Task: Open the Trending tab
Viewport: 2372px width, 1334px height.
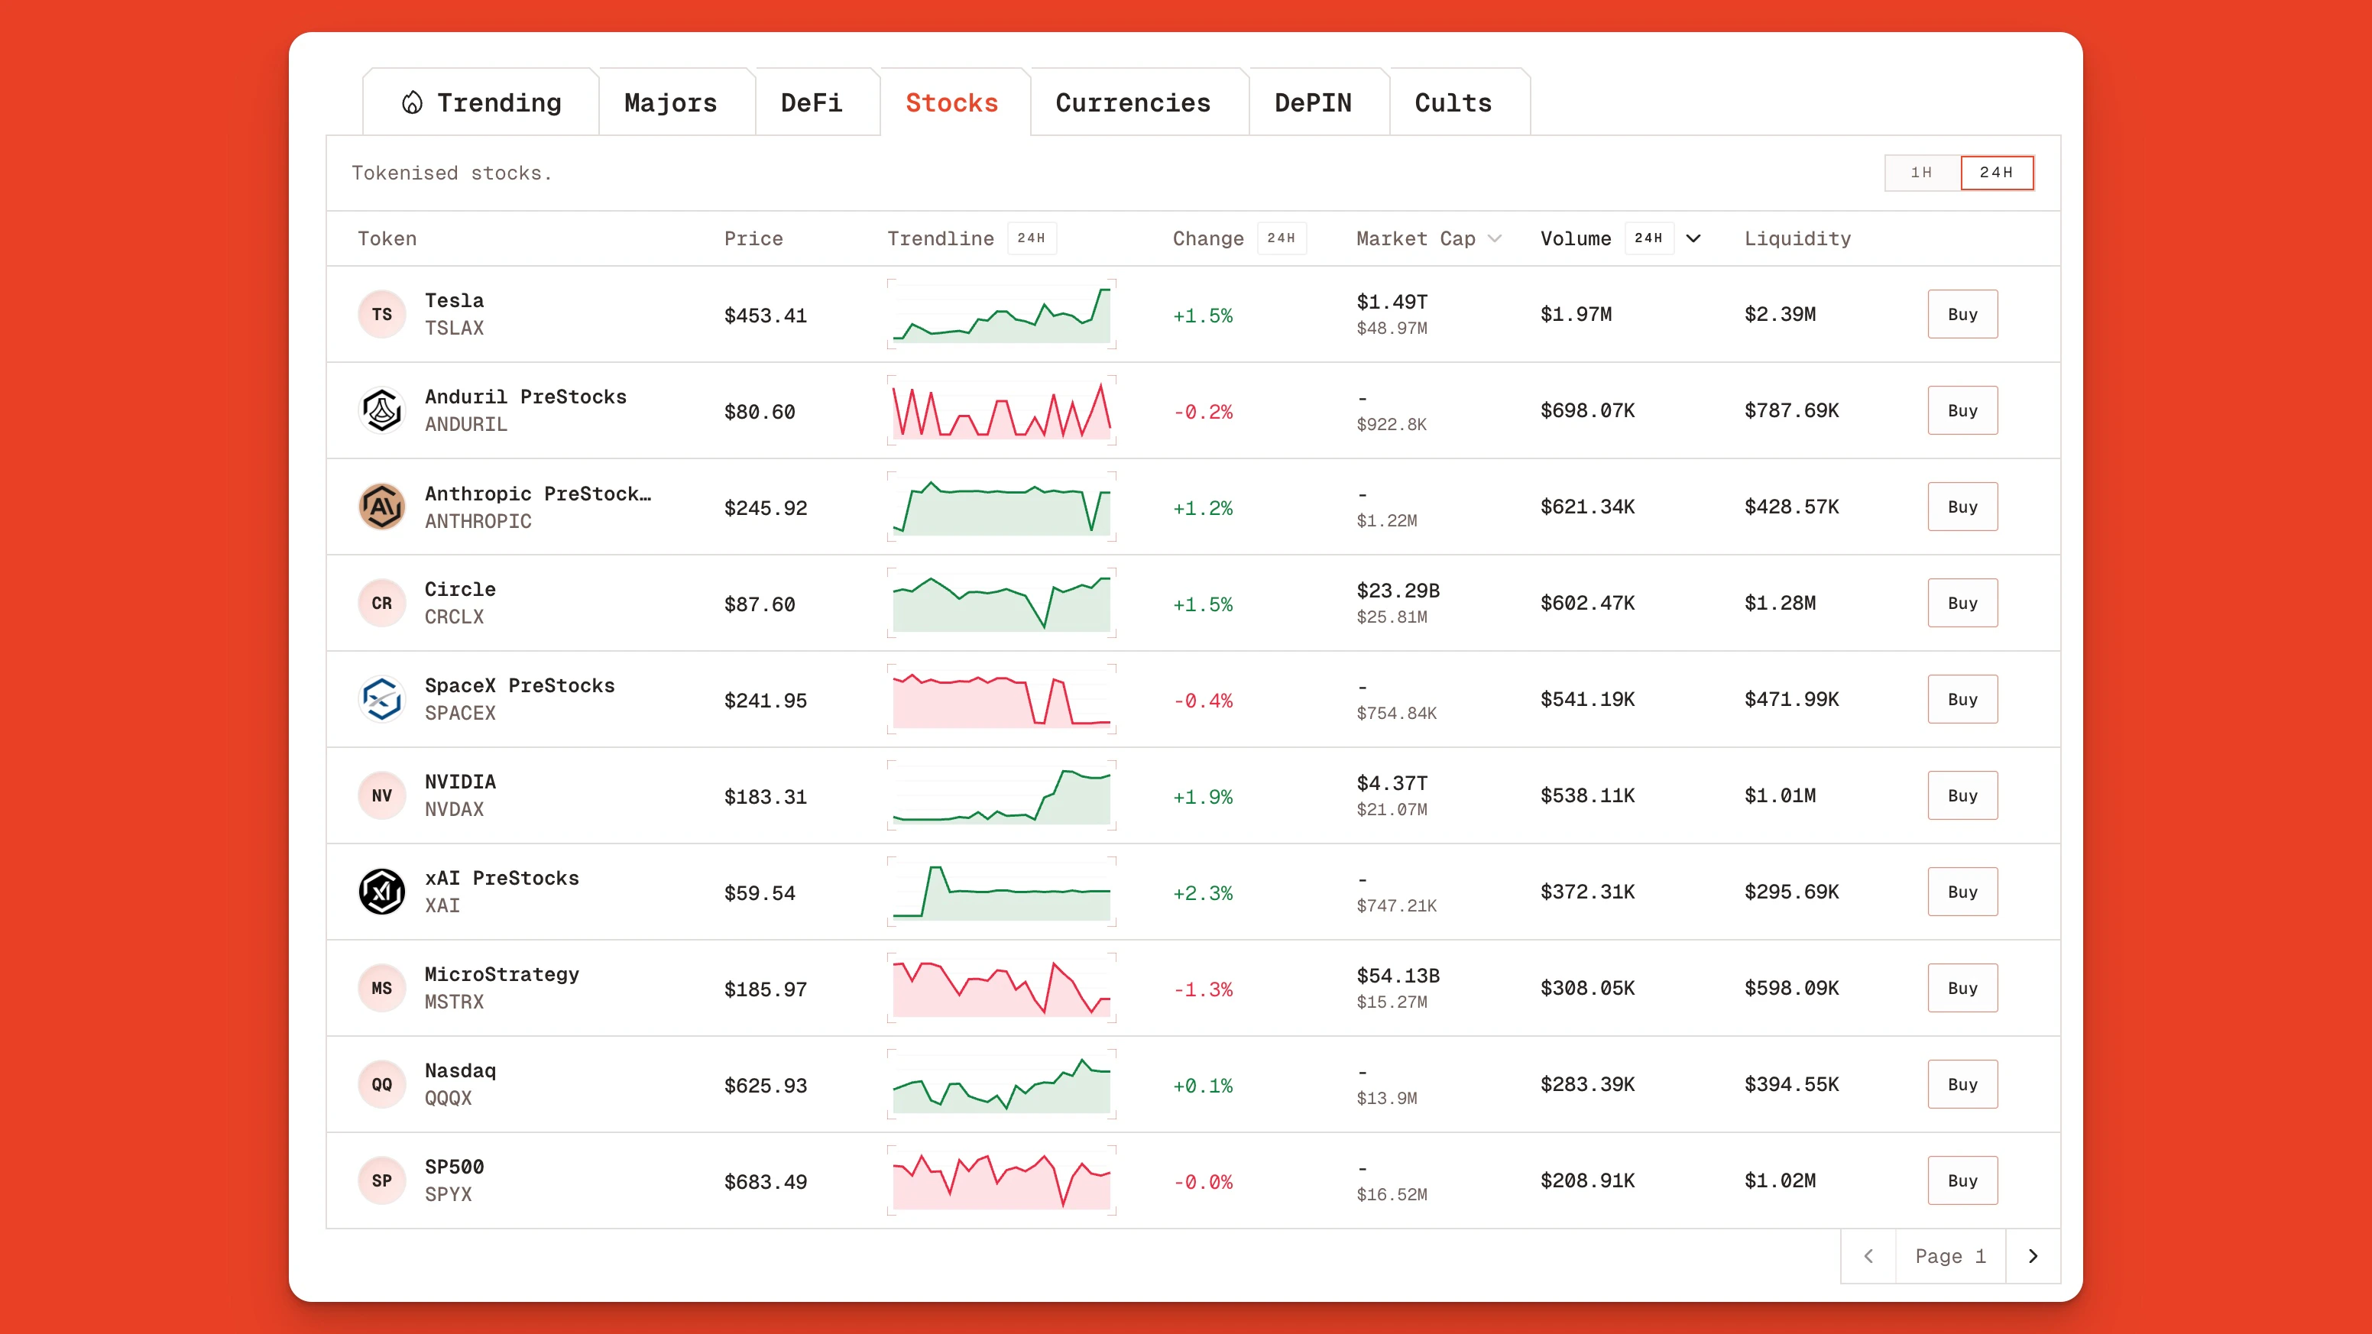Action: click(x=481, y=103)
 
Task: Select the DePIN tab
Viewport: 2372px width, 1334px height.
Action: click(x=1312, y=103)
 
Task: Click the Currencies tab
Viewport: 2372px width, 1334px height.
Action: click(x=1133, y=103)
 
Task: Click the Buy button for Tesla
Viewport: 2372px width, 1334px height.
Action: click(x=1962, y=315)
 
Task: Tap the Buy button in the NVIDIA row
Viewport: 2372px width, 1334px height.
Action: click(x=1962, y=795)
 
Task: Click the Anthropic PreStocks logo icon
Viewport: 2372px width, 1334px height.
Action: click(x=381, y=507)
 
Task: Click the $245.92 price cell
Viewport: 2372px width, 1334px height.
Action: click(x=765, y=508)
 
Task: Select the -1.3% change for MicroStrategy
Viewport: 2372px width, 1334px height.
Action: click(x=1203, y=989)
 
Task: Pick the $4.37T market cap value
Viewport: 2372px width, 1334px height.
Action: click(x=1392, y=783)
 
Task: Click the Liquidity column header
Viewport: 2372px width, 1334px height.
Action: click(x=1797, y=239)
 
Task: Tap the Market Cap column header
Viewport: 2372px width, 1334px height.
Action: click(x=1415, y=239)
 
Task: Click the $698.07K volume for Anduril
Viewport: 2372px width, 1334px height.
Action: click(x=1587, y=410)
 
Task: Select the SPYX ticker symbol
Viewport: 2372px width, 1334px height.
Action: click(x=449, y=1195)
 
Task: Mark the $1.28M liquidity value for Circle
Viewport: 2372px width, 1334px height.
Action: click(x=1780, y=603)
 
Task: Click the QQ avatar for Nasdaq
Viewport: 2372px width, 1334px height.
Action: click(x=381, y=1084)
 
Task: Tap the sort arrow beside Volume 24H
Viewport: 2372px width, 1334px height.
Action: click(x=1693, y=239)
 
